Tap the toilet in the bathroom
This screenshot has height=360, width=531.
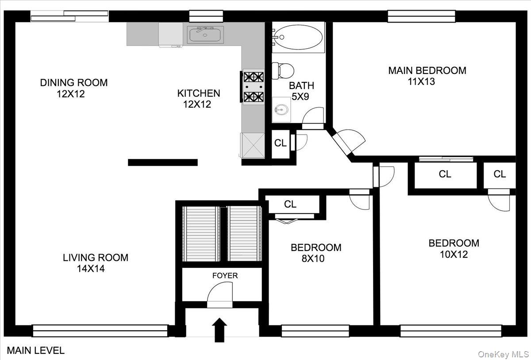283,71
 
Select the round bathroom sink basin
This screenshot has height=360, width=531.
281,110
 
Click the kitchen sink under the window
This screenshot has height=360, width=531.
205,35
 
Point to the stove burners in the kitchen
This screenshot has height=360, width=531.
254,87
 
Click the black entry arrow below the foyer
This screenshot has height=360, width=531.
219,330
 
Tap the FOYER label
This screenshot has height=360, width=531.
225,275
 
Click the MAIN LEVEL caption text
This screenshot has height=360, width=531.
36,351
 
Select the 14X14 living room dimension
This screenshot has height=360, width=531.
91,269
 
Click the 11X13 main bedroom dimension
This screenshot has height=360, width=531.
421,81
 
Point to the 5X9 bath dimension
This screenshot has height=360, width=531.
300,97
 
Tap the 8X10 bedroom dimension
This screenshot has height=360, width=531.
313,259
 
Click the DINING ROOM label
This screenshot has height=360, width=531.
74,83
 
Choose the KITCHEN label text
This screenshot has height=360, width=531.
199,93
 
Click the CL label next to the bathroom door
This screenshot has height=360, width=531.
281,143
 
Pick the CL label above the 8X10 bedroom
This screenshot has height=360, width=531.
290,204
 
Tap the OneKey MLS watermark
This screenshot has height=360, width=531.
503,355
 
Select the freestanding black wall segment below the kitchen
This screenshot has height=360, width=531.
163,163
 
